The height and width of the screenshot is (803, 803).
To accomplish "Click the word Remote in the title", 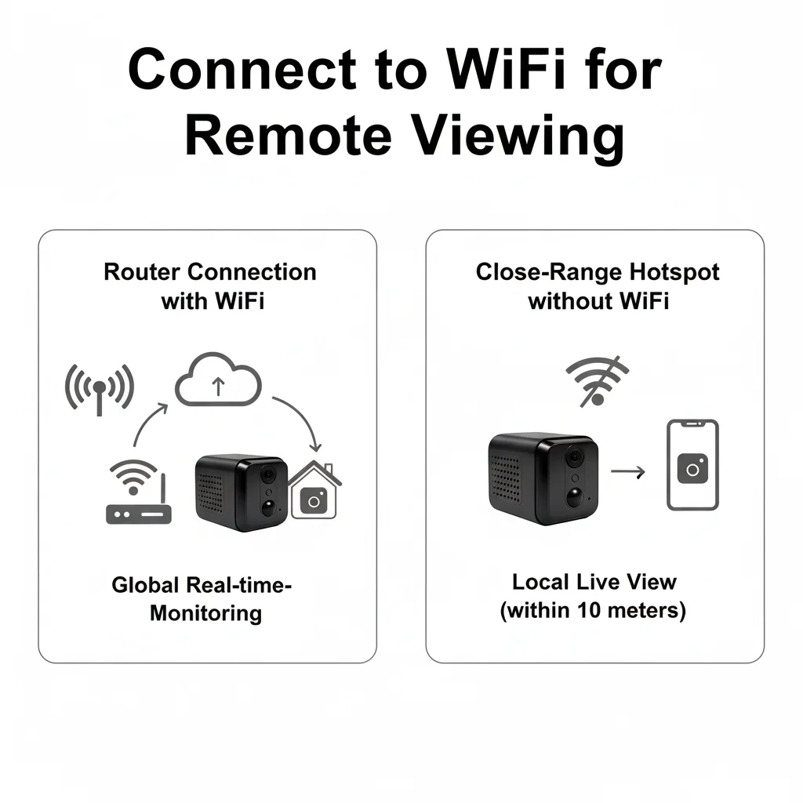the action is (289, 136).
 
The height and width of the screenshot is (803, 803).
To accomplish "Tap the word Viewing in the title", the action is (518, 137).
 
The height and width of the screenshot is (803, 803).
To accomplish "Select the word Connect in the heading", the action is (242, 69).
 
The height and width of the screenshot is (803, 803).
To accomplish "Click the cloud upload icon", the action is (218, 380).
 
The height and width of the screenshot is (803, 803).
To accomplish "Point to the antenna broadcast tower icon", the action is (100, 389).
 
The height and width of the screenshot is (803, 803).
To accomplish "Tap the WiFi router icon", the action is (138, 492).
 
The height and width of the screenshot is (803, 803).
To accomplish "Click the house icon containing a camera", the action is (314, 490).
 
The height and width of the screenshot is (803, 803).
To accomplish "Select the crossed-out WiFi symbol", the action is (597, 382).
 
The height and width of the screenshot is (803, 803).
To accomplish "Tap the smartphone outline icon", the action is (692, 465).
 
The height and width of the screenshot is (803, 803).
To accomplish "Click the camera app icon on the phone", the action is (692, 469).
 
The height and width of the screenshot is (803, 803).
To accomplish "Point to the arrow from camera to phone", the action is (628, 471).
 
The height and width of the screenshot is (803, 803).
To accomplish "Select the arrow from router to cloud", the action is (145, 421).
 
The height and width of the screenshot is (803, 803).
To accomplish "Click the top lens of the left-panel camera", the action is (267, 474).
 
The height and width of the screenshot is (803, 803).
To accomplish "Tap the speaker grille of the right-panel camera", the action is (506, 478).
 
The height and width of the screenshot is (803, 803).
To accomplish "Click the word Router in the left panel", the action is (142, 272).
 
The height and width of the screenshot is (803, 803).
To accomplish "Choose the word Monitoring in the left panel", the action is (206, 613).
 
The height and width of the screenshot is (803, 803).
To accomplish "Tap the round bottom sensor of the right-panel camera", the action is (576, 497).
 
